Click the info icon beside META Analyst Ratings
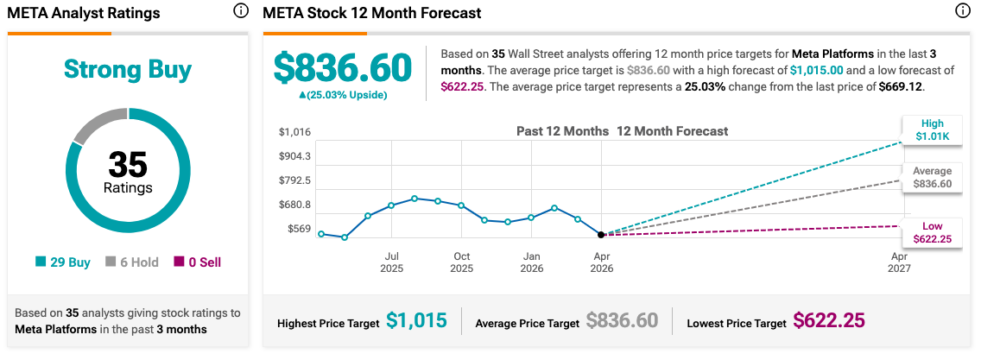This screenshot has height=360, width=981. point(240,12)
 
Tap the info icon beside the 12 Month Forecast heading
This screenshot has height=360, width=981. point(963,12)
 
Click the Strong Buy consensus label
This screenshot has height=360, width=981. point(128,70)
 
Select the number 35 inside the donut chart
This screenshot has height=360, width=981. point(128,164)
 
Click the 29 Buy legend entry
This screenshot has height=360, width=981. point(63,262)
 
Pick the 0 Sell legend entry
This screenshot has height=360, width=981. point(198,262)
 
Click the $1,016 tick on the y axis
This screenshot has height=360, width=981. point(294,132)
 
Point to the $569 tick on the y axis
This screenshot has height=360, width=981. point(299,229)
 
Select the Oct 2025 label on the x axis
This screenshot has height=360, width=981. point(462,262)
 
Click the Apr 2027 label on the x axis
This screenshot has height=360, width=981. point(899,262)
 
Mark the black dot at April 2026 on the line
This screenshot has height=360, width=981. point(601,234)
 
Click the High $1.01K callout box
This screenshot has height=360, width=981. point(932,130)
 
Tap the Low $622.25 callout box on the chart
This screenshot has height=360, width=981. point(932,233)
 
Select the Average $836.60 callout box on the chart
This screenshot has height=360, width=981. point(932,178)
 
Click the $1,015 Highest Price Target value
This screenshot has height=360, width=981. point(416,322)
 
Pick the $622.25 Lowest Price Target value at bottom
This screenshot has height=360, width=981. point(829,322)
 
